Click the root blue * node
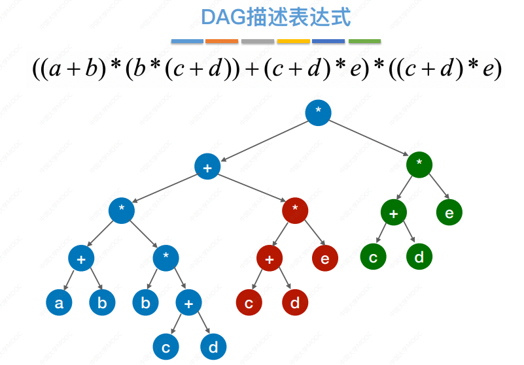318,112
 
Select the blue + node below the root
207,167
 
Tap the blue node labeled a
59,303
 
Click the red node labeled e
325,259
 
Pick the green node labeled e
449,212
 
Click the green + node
394,212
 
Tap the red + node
270,259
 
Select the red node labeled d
295,303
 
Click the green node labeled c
373,257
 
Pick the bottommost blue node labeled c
166,347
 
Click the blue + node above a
81,259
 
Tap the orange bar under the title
222,41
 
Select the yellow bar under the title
293,41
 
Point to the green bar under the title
364,41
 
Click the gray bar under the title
257,41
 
